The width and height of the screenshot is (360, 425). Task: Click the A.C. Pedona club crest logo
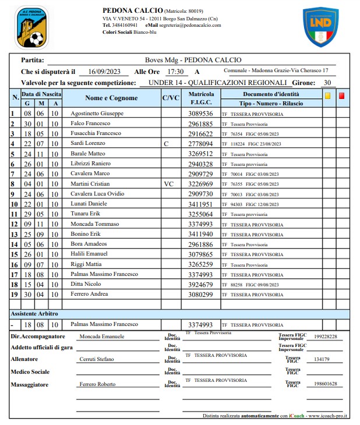click(x=31, y=28)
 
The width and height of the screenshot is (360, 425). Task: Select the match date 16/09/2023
click(x=104, y=72)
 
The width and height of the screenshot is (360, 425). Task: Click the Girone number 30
click(x=327, y=83)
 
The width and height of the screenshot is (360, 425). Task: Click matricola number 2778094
click(x=202, y=143)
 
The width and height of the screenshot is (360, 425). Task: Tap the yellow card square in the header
click(x=328, y=97)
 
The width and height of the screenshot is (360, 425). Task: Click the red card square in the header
click(x=342, y=97)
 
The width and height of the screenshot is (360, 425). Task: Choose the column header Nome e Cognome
click(x=111, y=98)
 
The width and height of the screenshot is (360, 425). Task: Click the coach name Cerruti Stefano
click(x=97, y=359)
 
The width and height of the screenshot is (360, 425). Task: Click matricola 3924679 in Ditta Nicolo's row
click(x=202, y=284)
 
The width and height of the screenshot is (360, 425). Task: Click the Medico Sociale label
click(x=30, y=371)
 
